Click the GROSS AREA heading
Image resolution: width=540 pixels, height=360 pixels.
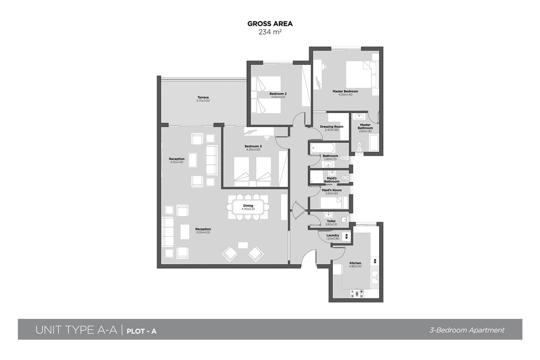click(270, 24)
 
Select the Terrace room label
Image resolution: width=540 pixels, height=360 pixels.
click(203, 97)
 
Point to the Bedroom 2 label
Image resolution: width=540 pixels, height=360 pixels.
click(278, 94)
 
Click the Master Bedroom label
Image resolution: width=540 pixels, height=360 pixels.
click(345, 91)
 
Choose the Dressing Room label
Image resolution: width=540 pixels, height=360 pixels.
click(331, 127)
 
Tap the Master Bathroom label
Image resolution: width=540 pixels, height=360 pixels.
click(365, 126)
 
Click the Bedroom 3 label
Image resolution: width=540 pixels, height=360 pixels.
click(253, 146)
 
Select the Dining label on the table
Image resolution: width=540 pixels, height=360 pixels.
click(248, 206)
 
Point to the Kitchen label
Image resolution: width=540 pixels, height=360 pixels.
click(355, 263)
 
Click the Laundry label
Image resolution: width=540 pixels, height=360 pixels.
click(333, 235)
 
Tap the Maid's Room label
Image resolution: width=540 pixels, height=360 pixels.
click(331, 190)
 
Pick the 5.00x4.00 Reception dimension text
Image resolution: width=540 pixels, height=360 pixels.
click(203, 233)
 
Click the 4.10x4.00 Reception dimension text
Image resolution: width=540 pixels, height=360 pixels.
click(177, 162)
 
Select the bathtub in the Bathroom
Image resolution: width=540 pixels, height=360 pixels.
click(322, 148)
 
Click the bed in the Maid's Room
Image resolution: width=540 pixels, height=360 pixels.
click(331, 203)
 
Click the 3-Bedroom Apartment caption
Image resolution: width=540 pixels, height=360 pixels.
click(467, 330)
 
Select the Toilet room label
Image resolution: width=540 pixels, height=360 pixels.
click(331, 221)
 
